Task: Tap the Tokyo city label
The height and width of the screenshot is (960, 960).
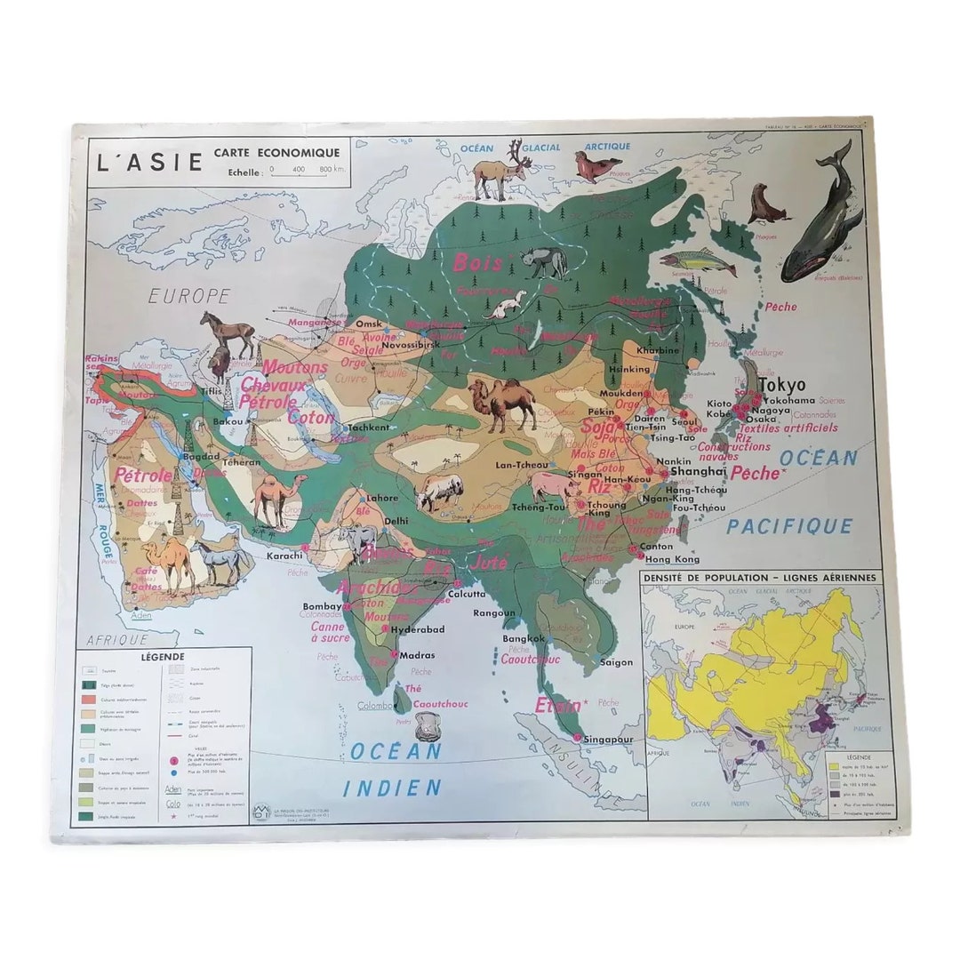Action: (782, 385)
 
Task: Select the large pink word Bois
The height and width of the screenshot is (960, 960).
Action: (478, 262)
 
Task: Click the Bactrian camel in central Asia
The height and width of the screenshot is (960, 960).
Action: (502, 403)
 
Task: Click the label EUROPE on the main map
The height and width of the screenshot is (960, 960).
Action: (189, 296)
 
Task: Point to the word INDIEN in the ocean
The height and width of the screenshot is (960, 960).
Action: (392, 787)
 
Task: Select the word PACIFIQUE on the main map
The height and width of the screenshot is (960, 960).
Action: (789, 526)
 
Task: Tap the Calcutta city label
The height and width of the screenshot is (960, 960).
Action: (467, 593)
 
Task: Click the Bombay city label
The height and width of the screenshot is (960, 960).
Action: (322, 606)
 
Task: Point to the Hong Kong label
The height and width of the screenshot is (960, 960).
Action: (672, 559)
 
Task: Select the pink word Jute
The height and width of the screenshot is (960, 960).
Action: (490, 562)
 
